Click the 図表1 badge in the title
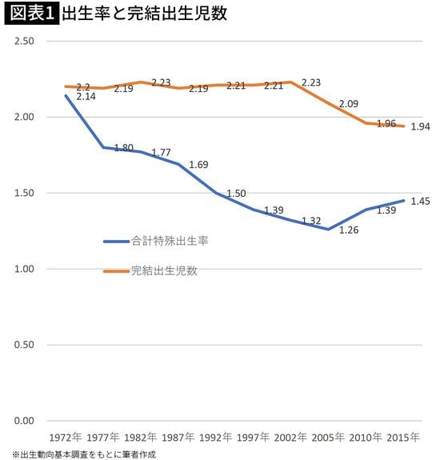click(30, 14)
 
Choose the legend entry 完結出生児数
click(164, 270)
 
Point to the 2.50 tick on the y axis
click(23, 42)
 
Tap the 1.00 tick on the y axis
click(23, 270)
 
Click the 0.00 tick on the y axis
click(23, 421)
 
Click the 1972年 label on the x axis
click(65, 438)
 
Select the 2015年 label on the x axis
click(404, 438)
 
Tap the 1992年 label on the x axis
click(215, 438)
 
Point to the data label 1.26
click(350, 230)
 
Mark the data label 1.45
click(420, 201)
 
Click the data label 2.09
click(350, 104)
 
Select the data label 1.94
click(420, 126)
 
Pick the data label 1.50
click(237, 194)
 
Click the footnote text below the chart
click(84, 454)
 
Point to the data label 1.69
click(199, 165)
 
